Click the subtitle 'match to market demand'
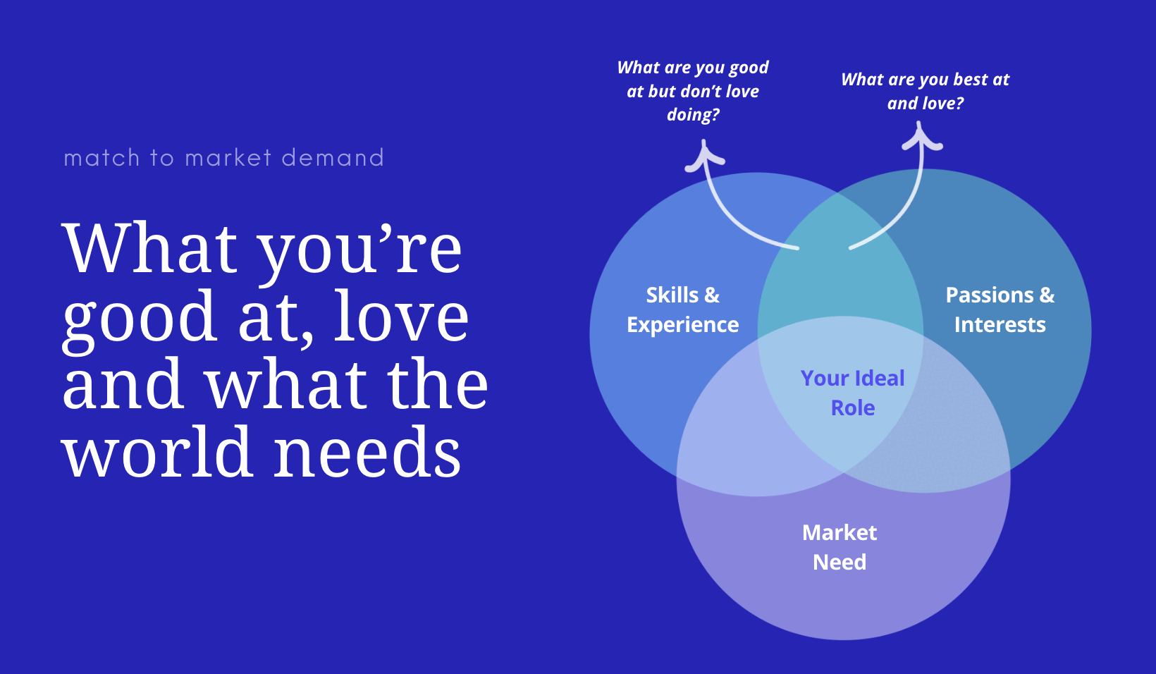click(x=223, y=158)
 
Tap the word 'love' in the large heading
click(x=401, y=317)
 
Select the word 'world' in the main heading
click(x=157, y=453)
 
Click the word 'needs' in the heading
click(x=367, y=453)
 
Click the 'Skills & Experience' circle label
click(x=682, y=310)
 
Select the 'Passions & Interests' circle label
click(x=1000, y=310)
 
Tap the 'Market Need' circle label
click(x=840, y=547)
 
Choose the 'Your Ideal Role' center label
click(x=853, y=393)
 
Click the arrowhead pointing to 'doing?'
click(x=704, y=155)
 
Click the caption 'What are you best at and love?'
click(x=925, y=91)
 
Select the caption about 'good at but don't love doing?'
click(x=693, y=91)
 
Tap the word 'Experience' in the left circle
click(x=682, y=325)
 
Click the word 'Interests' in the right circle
click(x=1000, y=325)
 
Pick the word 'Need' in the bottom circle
click(x=840, y=563)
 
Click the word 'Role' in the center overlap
click(x=853, y=408)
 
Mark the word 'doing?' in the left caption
click(x=693, y=115)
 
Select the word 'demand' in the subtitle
click(x=333, y=158)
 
